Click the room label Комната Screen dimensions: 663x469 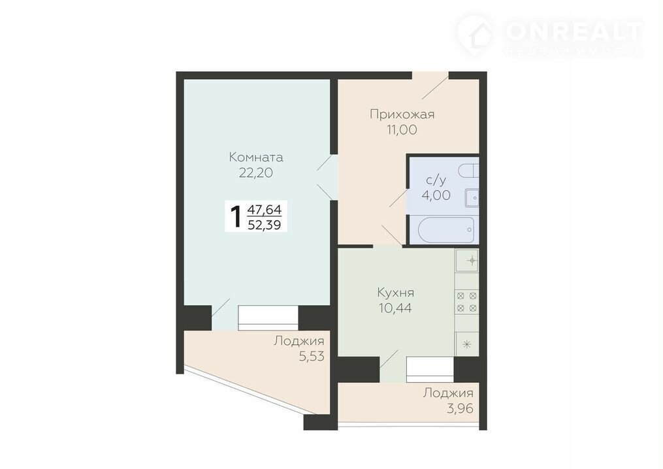point(256,157)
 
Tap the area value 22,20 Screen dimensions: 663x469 point(256,172)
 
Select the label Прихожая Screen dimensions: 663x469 point(402,114)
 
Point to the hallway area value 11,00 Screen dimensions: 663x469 point(401,130)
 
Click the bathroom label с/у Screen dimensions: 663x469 point(436,180)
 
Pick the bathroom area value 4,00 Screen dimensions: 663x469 point(436,195)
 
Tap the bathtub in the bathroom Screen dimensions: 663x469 point(445,230)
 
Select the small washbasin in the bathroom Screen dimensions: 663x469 point(472,197)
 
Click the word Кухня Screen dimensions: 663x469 point(395,293)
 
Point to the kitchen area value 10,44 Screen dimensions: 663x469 point(395,308)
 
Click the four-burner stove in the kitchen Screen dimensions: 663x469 point(467,302)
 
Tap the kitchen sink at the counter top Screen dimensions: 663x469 point(467,261)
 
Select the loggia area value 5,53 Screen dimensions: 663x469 point(312,357)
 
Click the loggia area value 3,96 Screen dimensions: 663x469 point(460,408)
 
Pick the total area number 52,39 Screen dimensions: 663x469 point(265,225)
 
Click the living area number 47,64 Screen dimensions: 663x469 point(265,209)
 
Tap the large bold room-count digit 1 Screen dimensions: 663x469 point(235,216)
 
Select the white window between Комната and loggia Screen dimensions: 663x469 point(268,317)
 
